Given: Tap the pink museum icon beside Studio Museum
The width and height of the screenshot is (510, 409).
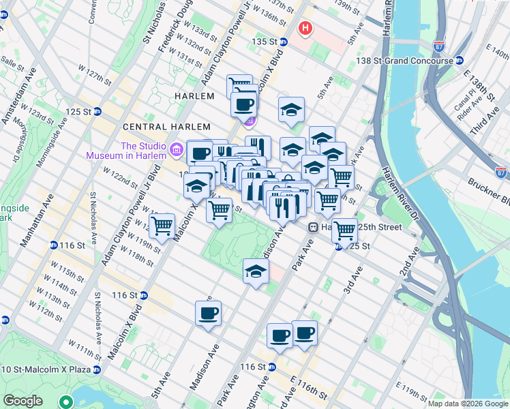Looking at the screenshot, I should point(176,148).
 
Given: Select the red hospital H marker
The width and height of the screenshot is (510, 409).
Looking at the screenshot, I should point(305,29).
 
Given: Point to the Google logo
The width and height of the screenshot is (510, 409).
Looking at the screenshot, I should point(23,401).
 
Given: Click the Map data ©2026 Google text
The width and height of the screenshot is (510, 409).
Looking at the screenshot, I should point(467,404).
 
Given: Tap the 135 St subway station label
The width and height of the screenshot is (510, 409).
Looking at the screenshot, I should point(265,42).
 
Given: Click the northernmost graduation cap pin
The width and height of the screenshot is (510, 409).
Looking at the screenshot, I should point(291,110).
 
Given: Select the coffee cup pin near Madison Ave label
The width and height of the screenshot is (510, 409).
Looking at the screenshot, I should point(208,314).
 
